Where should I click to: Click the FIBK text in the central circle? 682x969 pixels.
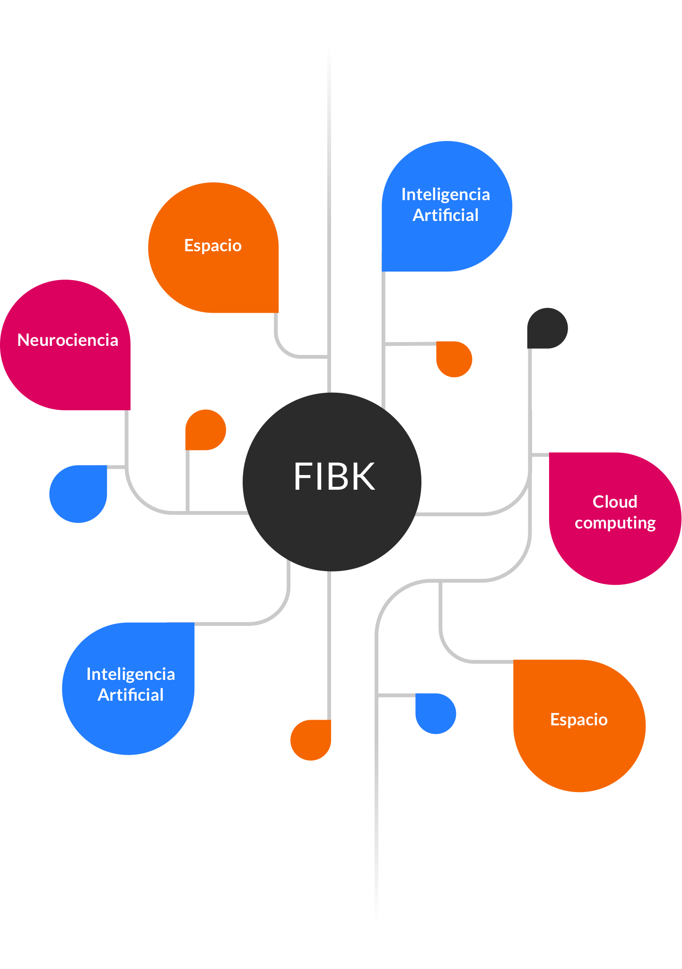click(334, 476)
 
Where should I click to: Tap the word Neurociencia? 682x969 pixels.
click(68, 340)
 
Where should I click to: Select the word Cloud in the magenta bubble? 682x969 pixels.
click(615, 502)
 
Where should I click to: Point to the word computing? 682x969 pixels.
click(615, 523)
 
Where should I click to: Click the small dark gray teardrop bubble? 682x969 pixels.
click(547, 328)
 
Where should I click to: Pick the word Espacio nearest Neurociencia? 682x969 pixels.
click(213, 246)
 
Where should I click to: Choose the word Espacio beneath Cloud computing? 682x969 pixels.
click(579, 720)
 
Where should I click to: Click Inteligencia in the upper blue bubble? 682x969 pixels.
click(446, 194)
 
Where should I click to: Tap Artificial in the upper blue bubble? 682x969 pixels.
click(446, 215)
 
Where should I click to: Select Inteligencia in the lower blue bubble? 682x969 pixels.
click(131, 674)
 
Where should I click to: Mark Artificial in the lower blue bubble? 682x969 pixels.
click(131, 695)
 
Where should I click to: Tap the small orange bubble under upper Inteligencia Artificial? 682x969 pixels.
click(454, 359)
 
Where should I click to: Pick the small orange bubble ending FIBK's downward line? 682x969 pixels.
click(311, 740)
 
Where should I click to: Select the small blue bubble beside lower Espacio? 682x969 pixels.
click(436, 714)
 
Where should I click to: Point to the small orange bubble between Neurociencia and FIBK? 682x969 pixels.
click(206, 430)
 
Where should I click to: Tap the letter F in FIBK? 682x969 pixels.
click(303, 476)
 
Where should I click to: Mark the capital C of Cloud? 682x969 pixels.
click(598, 502)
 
